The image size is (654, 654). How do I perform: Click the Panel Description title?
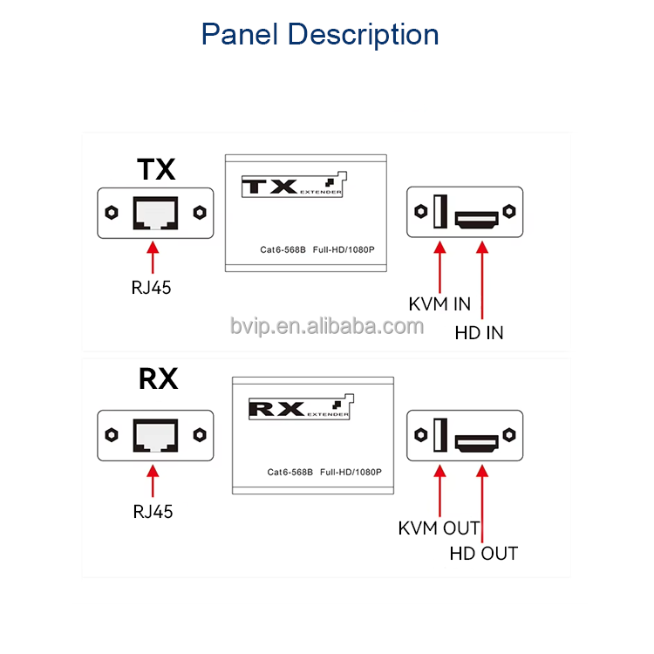pos(320,35)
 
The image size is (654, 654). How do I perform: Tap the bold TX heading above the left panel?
pos(157,169)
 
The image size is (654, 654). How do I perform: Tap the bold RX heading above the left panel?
pos(158,379)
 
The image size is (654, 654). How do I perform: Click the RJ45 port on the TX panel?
pos(155,213)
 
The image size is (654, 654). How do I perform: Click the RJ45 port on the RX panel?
pos(155,434)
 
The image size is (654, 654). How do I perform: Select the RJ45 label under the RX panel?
pos(153,512)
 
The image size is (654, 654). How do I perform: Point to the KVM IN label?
pos(439,304)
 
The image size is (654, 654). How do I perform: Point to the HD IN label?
pos(479,332)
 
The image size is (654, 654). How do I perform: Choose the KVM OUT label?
pos(439,528)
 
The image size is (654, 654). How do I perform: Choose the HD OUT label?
pos(483,553)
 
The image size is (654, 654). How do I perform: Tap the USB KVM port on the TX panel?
pos(439,212)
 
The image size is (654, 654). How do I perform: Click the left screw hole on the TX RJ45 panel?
pos(112,212)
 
